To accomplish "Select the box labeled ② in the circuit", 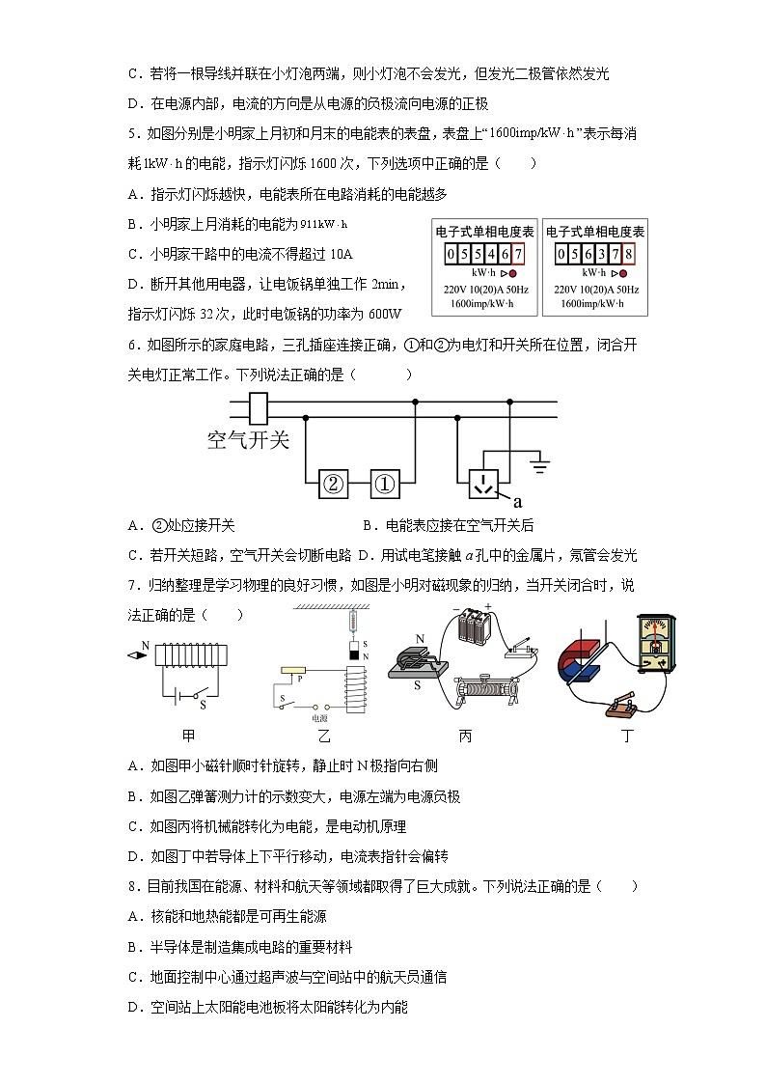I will [x=333, y=485].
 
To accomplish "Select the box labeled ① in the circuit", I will [x=385, y=485].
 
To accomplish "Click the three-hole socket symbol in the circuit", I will [x=484, y=484].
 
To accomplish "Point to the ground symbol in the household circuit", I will [x=540, y=468].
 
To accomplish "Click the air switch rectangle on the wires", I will [x=259, y=409].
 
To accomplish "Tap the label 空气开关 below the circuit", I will [x=248, y=440].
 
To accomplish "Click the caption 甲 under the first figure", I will [x=189, y=737].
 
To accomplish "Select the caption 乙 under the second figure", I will [x=324, y=737].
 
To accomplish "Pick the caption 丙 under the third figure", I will [x=465, y=737].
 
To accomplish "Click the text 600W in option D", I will [x=384, y=314].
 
